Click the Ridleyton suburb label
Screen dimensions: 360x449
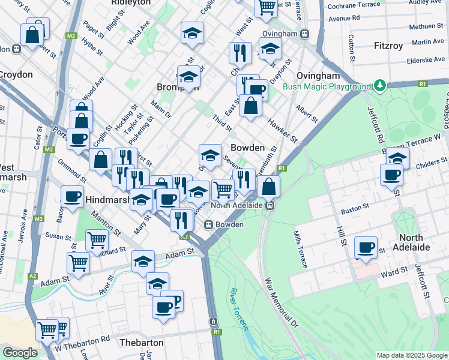pyautogui.click(x=130, y=3)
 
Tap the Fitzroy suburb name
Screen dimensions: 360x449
pyautogui.click(x=392, y=46)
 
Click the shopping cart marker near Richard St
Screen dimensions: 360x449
pyautogui.click(x=97, y=240)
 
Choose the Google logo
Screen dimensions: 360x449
pyautogui.click(x=20, y=353)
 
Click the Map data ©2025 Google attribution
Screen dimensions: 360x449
pyautogui.click(x=411, y=355)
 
